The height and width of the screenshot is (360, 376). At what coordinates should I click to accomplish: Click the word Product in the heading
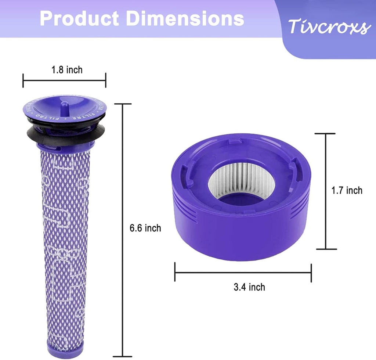(79, 18)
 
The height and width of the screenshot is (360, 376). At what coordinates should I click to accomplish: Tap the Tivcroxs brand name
(328, 26)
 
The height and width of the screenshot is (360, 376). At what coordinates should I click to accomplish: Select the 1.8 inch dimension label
(67, 69)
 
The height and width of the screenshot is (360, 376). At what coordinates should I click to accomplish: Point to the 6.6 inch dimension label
(145, 228)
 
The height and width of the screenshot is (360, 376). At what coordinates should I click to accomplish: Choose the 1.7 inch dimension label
(347, 190)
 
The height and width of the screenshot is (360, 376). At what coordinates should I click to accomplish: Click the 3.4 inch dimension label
(249, 287)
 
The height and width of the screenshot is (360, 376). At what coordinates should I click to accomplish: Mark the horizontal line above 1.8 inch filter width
(64, 80)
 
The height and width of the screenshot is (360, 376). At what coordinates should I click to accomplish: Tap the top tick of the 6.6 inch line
(122, 104)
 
